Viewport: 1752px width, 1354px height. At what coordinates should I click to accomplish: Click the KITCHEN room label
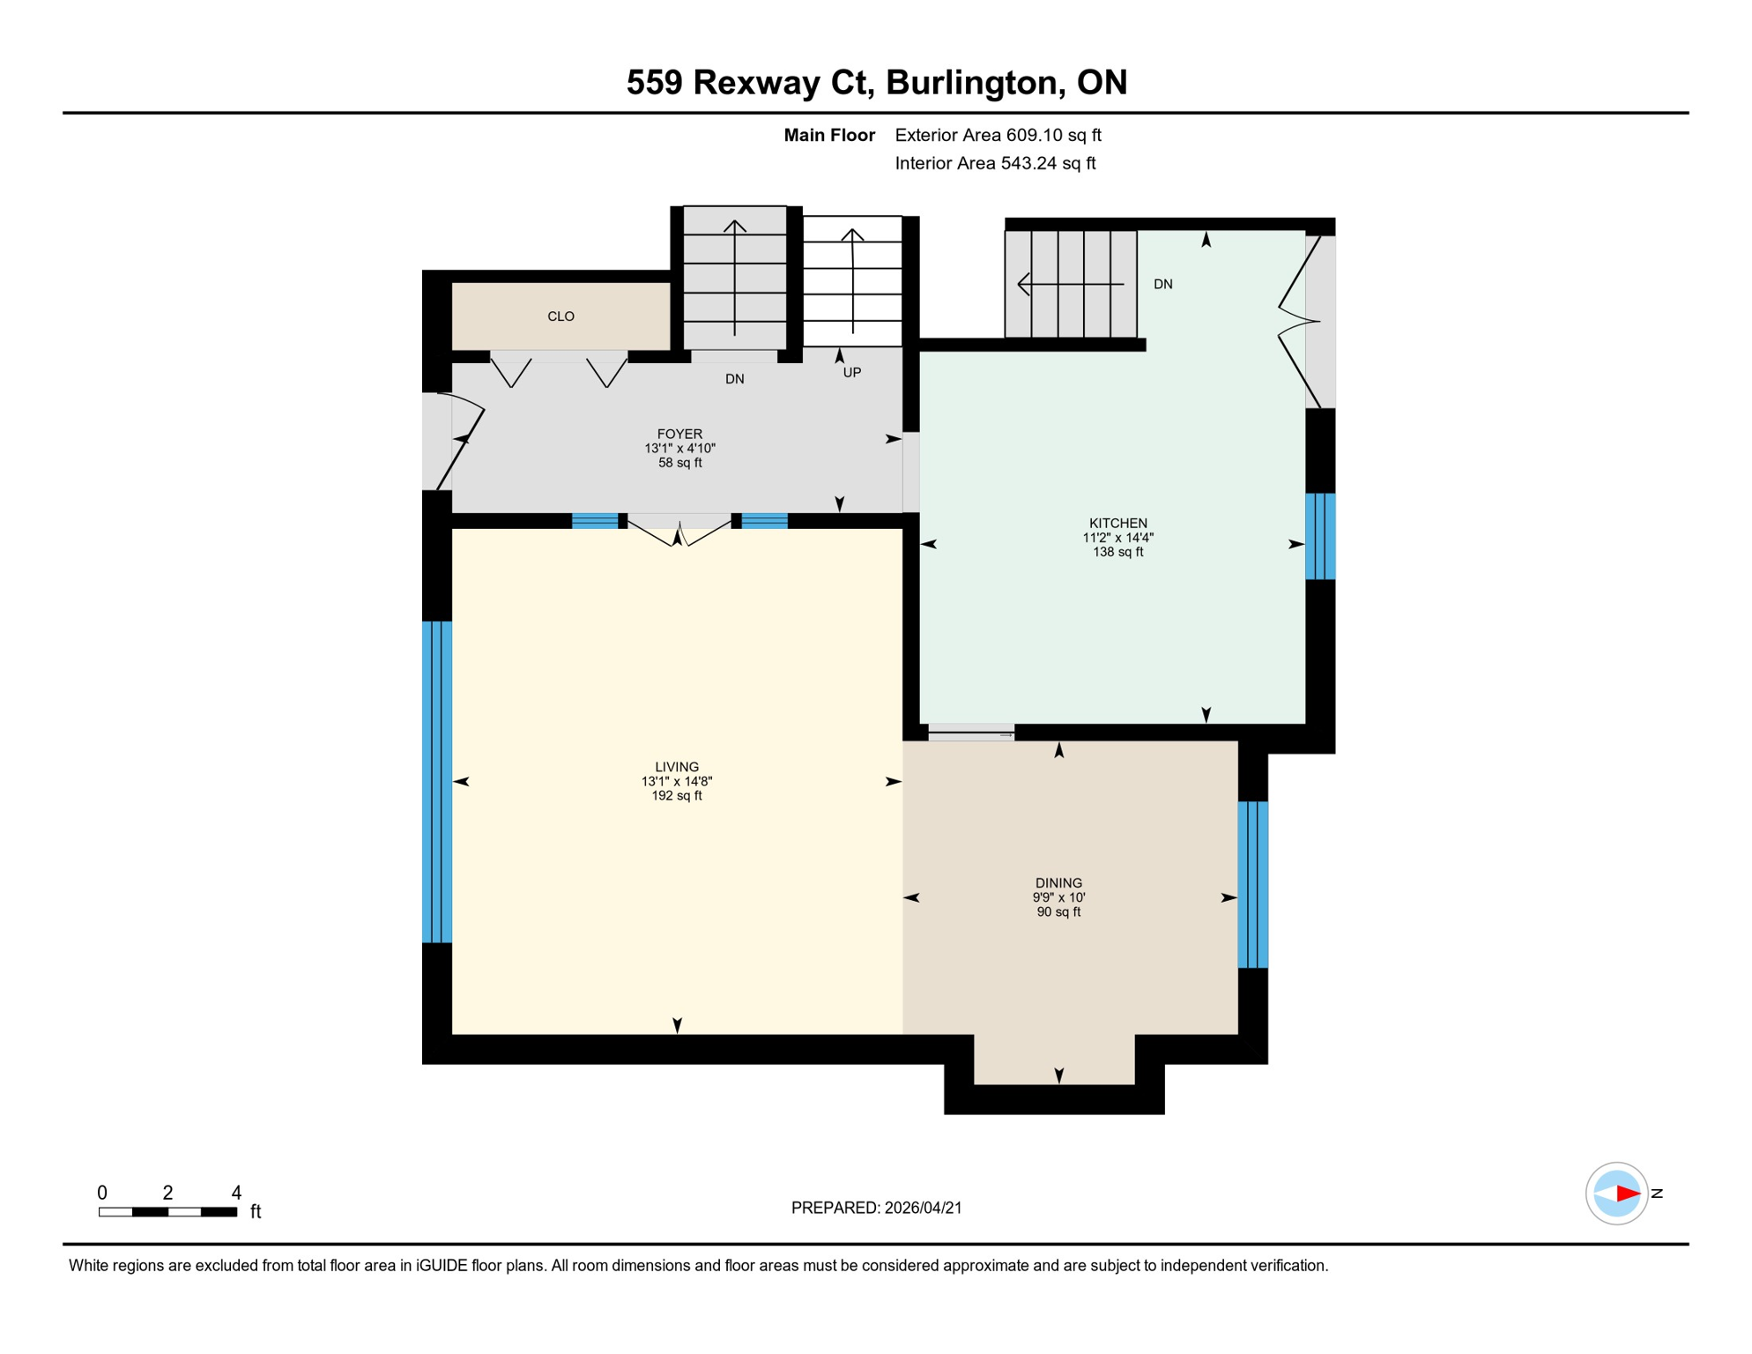point(1117,523)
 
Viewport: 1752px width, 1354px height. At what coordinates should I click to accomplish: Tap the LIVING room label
point(676,767)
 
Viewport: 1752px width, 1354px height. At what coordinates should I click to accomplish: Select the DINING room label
point(1058,882)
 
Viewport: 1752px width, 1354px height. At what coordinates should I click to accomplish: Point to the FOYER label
point(679,434)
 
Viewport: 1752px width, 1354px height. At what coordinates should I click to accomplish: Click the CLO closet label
point(560,316)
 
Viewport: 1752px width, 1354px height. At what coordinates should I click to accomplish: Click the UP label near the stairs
point(851,373)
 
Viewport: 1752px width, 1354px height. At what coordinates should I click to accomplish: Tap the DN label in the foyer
point(734,379)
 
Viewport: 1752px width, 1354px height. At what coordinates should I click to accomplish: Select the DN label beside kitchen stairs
point(1162,284)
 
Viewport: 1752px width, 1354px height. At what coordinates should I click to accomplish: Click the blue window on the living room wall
point(436,782)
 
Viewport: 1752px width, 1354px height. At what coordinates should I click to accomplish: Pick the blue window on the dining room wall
point(1252,884)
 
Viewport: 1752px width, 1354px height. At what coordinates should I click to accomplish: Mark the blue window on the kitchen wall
point(1319,536)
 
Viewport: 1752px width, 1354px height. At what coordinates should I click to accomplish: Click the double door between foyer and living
point(679,531)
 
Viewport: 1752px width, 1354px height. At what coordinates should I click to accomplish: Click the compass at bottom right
point(1616,1194)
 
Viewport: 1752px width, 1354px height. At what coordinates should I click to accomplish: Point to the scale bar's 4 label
point(236,1193)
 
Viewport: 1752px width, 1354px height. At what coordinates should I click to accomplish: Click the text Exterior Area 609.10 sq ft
point(998,135)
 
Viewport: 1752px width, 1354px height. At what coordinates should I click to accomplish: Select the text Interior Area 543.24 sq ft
point(995,163)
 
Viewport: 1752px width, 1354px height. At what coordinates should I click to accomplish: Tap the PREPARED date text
point(876,1208)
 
